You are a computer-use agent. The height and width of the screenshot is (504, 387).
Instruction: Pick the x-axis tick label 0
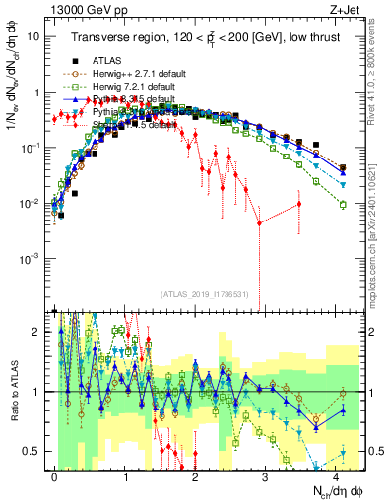(x=54, y=474)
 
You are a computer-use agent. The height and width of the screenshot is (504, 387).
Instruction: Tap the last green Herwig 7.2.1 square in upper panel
(x=343, y=204)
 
